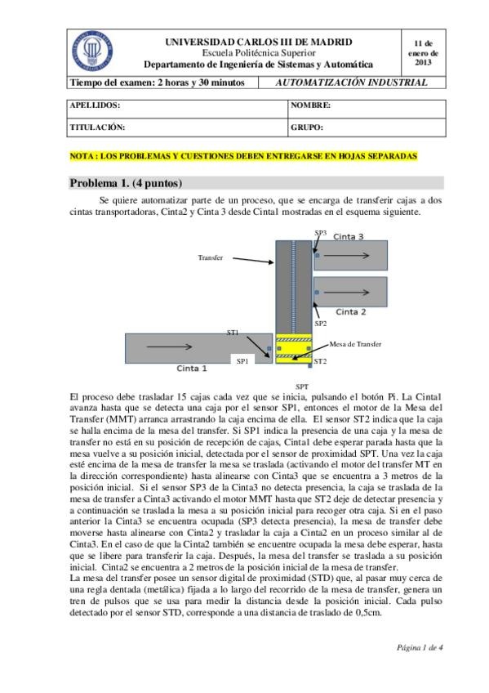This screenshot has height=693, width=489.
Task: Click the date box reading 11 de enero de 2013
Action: coord(423,51)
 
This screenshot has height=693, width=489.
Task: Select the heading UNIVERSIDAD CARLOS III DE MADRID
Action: coord(259,41)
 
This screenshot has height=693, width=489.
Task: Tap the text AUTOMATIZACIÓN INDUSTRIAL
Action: coord(351,83)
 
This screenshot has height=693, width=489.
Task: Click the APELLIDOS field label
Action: coord(96,106)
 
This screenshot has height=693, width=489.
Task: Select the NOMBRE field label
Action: coord(310,106)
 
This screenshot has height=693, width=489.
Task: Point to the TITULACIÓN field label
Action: coord(97,127)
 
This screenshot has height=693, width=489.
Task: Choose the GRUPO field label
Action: coord(307,127)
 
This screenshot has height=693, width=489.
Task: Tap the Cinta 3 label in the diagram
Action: coord(349,237)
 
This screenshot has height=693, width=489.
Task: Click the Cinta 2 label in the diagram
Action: coord(351,311)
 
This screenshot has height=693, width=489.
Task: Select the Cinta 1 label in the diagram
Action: coord(192,369)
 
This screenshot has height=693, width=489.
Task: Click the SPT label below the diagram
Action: coord(301,385)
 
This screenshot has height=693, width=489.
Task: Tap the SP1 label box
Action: coord(242,360)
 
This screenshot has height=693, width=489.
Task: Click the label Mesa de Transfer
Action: coord(355,344)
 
